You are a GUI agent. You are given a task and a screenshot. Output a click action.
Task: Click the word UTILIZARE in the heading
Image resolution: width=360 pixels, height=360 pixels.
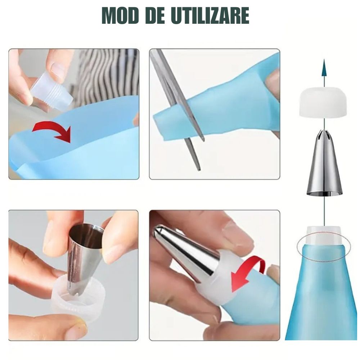click(210, 15)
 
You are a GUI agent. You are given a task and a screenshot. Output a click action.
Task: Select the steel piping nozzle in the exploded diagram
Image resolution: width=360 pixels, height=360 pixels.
click(324, 163)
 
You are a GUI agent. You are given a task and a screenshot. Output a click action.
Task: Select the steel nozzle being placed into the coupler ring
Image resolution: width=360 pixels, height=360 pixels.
click(85, 257)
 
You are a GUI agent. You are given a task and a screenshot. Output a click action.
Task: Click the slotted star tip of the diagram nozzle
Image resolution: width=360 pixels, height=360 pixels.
click(324, 136)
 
